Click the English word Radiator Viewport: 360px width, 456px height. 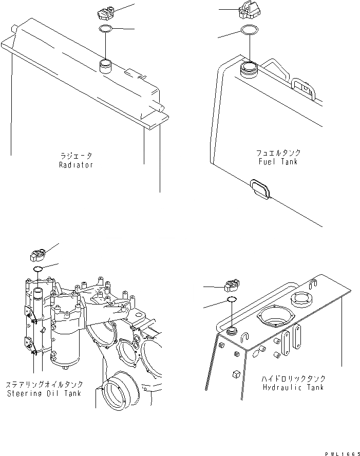click(75, 165)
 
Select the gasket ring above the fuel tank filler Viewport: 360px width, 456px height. click(249, 30)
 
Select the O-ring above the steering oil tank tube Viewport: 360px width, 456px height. click(38, 270)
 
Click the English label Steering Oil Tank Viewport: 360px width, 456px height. click(51, 394)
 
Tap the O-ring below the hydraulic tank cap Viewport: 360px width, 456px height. click(232, 300)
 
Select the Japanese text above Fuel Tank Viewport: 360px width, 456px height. click(278, 153)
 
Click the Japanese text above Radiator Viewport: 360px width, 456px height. click(75, 156)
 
